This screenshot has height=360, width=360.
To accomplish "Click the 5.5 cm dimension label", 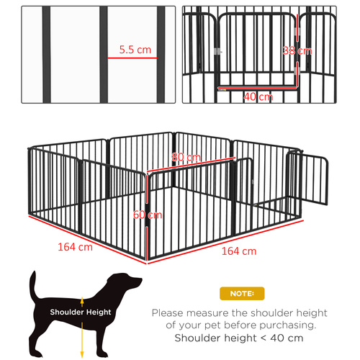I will coord(135,50).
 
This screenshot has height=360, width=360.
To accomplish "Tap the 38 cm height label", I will coord(297,50).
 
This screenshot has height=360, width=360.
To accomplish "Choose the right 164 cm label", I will coord(239,251).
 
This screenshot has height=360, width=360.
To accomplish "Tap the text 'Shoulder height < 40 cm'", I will coord(240,338).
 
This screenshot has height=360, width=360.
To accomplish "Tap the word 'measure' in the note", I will coord(212,313).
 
